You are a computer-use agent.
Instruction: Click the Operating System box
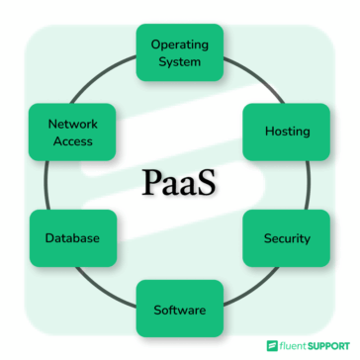point(179,52)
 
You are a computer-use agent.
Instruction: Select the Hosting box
point(287,131)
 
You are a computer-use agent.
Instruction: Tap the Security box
point(287,238)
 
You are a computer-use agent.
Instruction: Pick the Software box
point(179,310)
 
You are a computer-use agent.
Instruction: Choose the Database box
point(71,238)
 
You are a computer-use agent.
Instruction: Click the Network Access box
point(71,133)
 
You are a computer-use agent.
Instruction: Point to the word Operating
point(179,45)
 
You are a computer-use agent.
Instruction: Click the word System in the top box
point(179,61)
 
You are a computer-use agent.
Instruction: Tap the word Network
point(71,125)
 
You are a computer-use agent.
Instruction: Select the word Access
point(71,141)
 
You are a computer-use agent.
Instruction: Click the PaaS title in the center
point(179,184)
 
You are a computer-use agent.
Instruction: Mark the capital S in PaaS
point(208,184)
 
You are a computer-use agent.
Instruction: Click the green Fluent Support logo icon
point(272,346)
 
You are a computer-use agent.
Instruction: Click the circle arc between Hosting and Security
point(310,185)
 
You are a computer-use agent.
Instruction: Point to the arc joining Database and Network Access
point(49,185)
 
